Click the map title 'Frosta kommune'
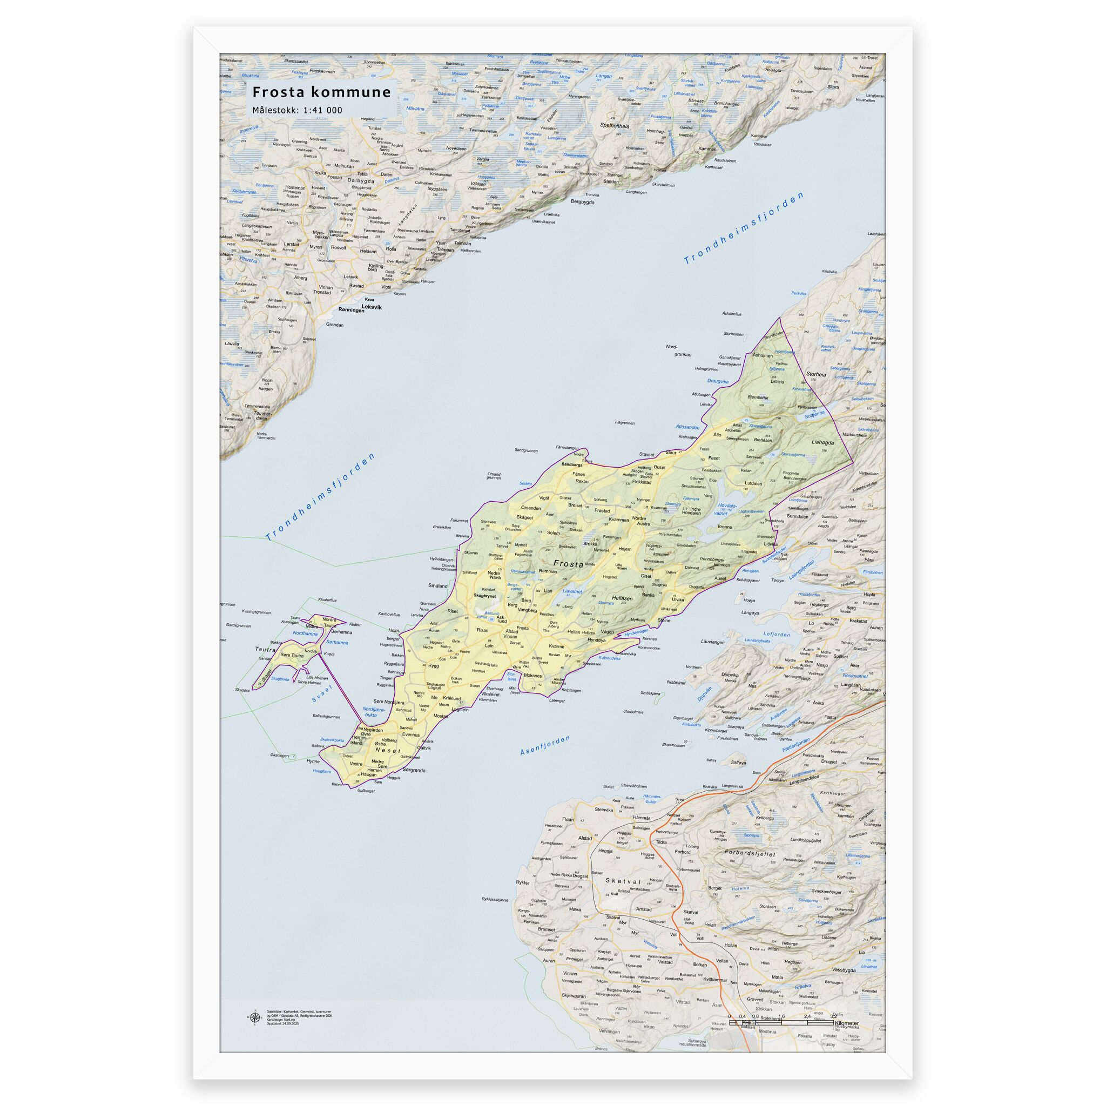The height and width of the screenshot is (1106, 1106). pos(322,92)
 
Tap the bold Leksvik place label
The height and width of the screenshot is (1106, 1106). pos(372,307)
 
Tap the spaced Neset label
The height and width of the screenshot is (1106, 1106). pos(389,750)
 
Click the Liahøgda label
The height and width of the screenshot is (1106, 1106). pos(822,442)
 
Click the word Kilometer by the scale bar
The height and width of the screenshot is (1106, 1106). pos(847,1023)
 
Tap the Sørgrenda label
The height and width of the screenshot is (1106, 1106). pos(414,770)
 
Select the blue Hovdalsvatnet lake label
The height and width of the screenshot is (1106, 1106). pos(727,508)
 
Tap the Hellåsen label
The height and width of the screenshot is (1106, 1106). pos(622,598)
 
